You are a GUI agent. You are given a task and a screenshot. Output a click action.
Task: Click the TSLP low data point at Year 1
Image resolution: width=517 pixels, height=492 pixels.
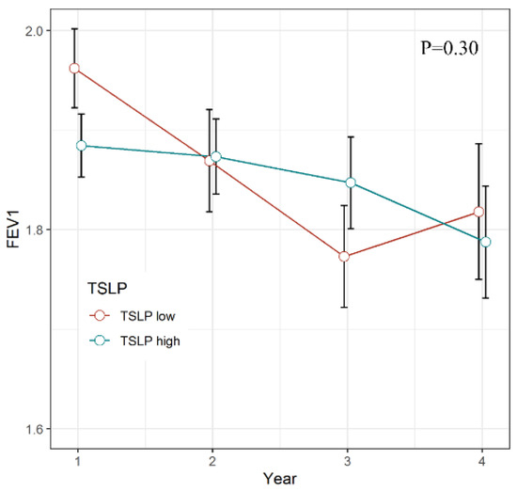coord(74,68)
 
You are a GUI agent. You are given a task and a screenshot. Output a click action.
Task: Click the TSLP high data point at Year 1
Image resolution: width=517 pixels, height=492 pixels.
coord(81,146)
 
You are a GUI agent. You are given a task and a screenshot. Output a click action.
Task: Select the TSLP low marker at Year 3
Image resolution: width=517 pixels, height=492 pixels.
coord(344,256)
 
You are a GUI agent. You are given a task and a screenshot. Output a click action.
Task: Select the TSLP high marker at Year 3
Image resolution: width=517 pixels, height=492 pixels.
coord(351,183)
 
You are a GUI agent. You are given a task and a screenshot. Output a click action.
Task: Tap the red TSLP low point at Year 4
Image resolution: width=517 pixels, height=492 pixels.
coord(479,212)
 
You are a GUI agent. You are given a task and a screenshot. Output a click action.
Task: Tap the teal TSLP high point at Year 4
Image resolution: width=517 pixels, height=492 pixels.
coord(486,242)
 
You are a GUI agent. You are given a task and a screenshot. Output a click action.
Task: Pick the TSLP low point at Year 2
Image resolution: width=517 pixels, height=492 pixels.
coord(210,161)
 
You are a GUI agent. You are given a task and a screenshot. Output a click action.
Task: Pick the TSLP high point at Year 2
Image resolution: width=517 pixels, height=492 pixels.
coord(216,157)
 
